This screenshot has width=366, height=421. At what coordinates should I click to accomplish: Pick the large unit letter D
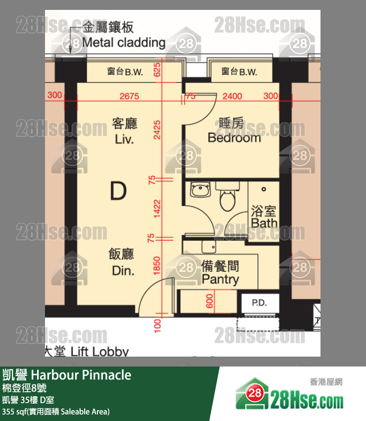click(118, 191)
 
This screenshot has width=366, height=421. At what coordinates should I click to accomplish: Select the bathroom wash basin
click(201, 190)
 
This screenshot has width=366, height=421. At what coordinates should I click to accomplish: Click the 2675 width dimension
click(130, 96)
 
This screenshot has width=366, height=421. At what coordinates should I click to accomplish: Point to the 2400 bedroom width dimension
click(232, 96)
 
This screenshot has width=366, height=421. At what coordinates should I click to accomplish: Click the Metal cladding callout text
click(123, 42)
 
